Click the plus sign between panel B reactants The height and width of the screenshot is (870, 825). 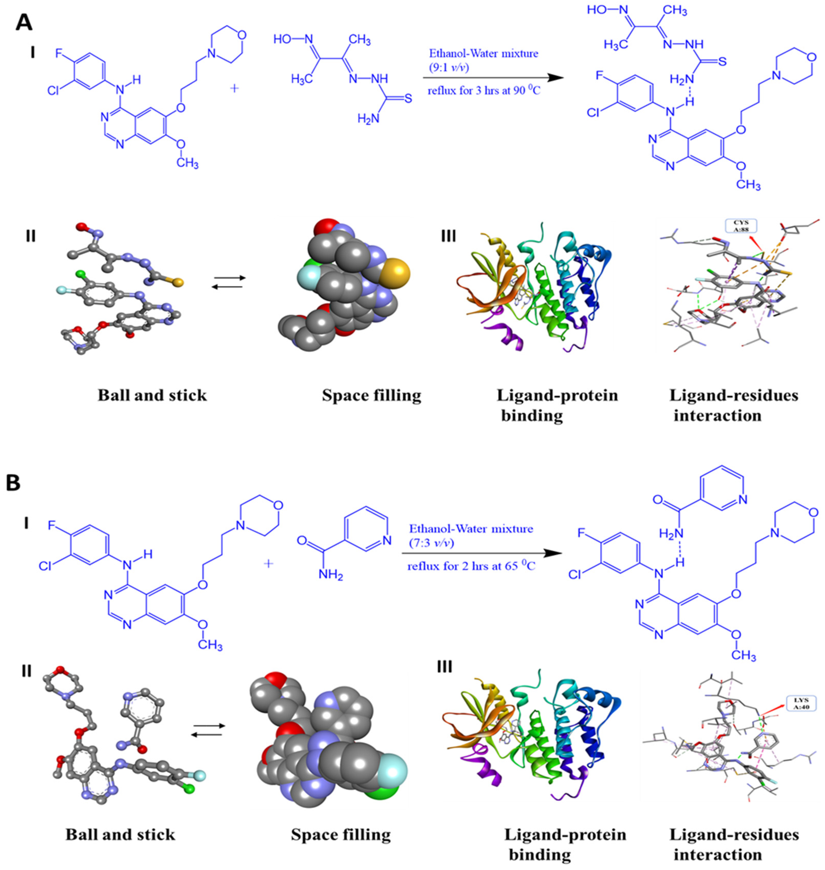tap(267, 563)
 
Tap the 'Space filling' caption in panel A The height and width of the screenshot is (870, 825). tap(372, 395)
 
